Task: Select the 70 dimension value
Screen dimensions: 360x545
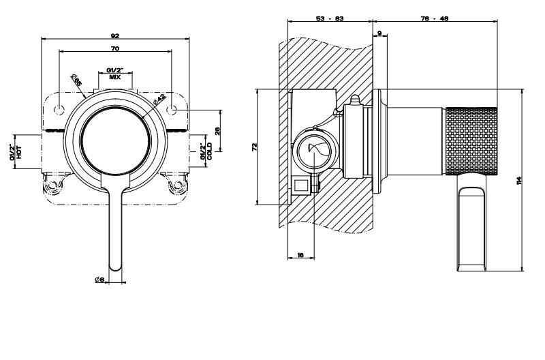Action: click(115, 48)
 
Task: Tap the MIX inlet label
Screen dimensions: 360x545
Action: click(115, 74)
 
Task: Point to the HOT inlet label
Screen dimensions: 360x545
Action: click(16, 151)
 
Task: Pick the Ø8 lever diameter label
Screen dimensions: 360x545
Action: click(99, 279)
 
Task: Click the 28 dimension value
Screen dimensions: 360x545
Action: click(217, 130)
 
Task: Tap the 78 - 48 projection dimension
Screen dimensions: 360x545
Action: click(435, 18)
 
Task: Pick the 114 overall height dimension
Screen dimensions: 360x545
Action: click(520, 181)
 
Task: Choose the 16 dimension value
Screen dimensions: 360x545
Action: click(300, 254)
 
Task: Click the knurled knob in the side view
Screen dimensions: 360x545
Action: click(471, 140)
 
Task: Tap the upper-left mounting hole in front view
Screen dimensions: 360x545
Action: click(60, 110)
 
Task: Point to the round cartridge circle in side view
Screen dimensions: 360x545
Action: click(315, 152)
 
